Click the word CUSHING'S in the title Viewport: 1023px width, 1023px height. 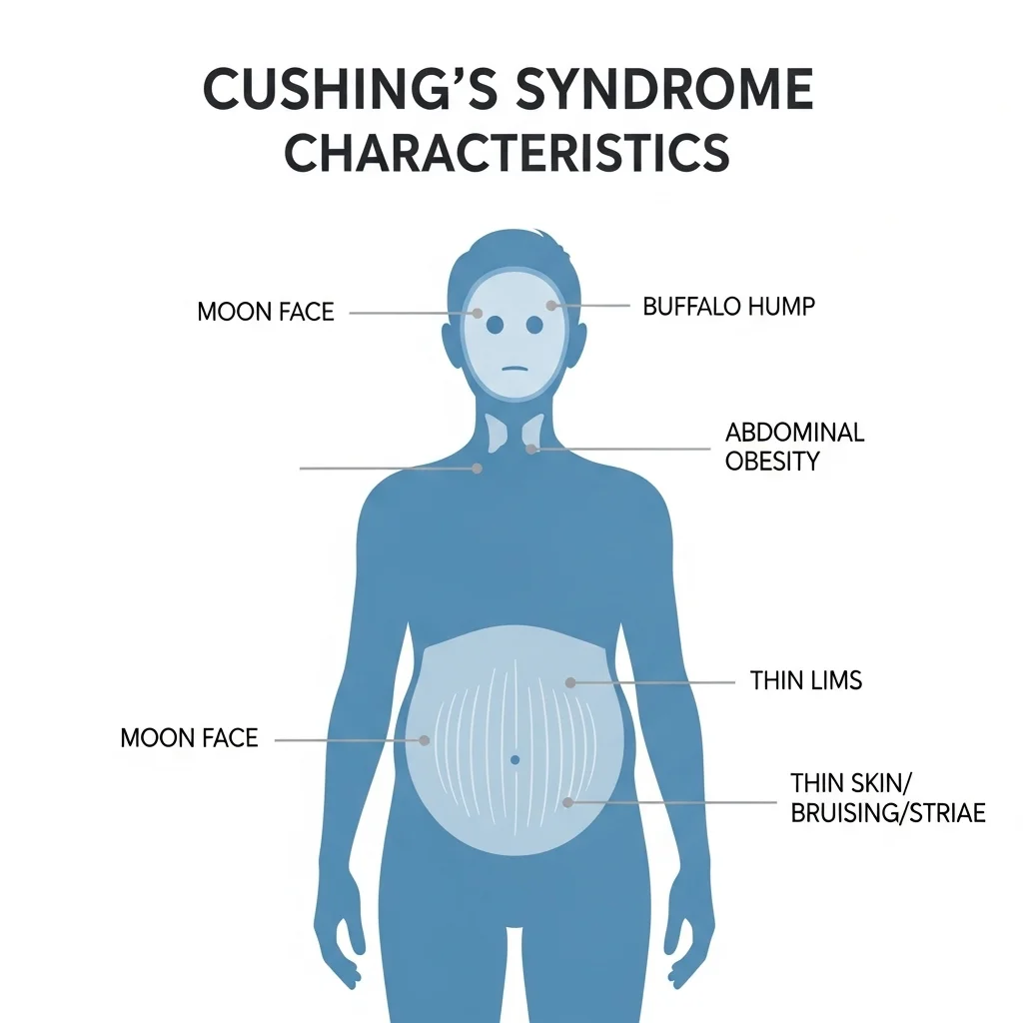(350, 89)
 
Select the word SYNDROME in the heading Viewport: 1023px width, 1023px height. (664, 89)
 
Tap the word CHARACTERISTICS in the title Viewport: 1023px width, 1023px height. (507, 153)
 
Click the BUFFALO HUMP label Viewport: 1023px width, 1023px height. (728, 306)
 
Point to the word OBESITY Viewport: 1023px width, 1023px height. (772, 462)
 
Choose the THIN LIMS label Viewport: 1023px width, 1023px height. (806, 680)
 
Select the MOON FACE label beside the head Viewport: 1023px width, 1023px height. (266, 312)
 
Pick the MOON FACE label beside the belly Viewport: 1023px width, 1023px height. (189, 738)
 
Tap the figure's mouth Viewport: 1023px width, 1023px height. (513, 369)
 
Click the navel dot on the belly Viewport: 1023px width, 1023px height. (514, 759)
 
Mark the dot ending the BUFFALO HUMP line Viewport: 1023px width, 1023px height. (551, 306)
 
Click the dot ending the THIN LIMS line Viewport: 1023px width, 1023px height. (570, 682)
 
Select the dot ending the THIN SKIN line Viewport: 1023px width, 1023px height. (567, 802)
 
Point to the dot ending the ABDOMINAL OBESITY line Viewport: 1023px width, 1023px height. (531, 449)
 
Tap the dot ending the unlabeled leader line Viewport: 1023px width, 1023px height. (477, 469)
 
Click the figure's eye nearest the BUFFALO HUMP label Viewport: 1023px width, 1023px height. (535, 325)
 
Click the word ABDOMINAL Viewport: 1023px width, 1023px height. (794, 432)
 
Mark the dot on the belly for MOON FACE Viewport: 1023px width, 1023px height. (424, 740)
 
